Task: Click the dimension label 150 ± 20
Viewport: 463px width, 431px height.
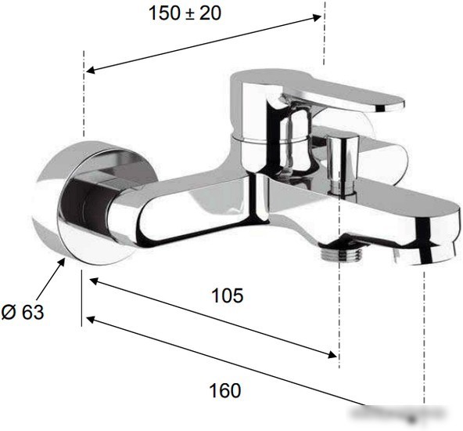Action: click(185, 13)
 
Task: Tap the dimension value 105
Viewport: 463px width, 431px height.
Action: click(228, 295)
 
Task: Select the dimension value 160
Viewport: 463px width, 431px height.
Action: click(225, 390)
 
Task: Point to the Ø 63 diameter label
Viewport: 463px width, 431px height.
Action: click(23, 312)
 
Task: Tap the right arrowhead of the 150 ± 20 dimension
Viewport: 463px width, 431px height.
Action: click(317, 17)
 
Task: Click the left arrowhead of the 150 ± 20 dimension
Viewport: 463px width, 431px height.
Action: click(90, 70)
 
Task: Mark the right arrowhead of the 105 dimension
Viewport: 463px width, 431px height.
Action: click(332, 354)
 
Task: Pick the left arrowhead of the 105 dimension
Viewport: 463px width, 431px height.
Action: click(94, 281)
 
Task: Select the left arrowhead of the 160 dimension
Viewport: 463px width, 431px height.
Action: click(90, 319)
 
